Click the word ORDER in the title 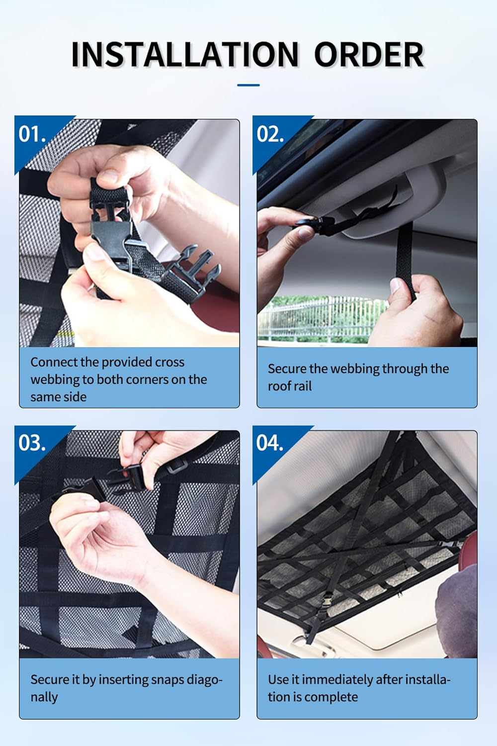[368, 55]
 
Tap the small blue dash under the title [248, 85]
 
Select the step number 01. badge [32, 134]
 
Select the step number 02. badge [270, 134]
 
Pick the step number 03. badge [32, 443]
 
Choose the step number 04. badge [270, 443]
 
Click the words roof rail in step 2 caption [290, 386]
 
